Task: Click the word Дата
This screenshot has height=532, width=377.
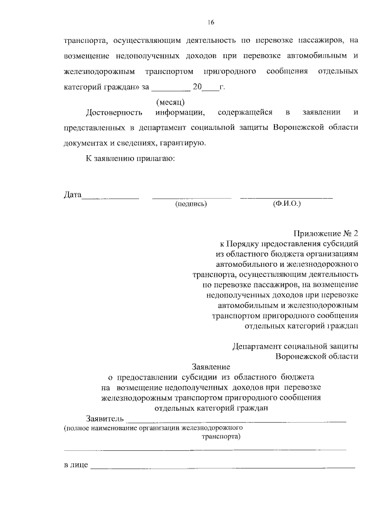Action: [x=72, y=195]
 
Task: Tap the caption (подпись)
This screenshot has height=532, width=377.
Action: [x=191, y=204]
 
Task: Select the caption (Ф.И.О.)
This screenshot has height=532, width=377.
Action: [x=286, y=204]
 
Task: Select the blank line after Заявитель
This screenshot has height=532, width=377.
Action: [x=236, y=421]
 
